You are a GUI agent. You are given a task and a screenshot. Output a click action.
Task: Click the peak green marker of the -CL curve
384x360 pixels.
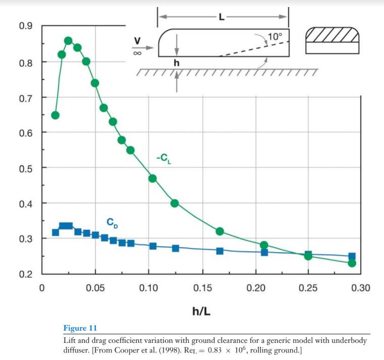[68, 41]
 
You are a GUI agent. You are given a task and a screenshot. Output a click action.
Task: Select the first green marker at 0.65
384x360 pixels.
[56, 115]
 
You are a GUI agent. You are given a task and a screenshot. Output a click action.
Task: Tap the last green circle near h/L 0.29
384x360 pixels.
[352, 263]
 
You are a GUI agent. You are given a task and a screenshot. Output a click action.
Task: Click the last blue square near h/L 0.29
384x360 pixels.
[352, 256]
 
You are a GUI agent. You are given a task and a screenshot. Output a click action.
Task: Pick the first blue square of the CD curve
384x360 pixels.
[56, 232]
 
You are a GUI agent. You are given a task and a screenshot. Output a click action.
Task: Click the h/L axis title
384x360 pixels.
[201, 311]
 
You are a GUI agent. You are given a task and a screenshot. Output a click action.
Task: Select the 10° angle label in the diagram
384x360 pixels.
[274, 37]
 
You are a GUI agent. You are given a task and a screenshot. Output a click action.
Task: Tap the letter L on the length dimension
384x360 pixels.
[222, 18]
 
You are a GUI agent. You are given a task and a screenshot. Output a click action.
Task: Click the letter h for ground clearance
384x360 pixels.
[176, 64]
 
